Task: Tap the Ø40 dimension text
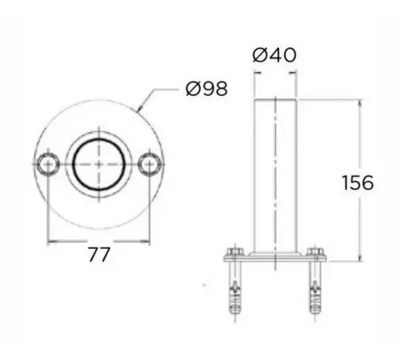point(274,55)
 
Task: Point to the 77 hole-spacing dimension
point(98,255)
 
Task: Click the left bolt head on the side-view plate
point(233,255)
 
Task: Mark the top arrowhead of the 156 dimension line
point(357,103)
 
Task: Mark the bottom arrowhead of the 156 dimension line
point(357,258)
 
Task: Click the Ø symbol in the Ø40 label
point(259,55)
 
